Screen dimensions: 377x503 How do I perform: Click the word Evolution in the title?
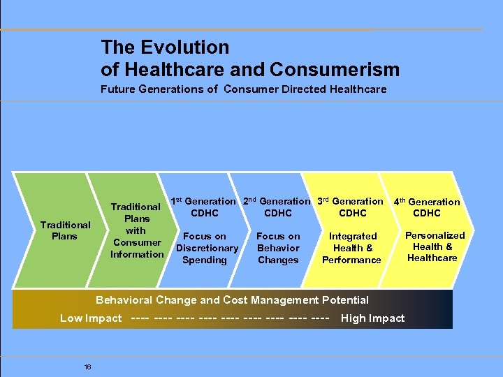point(185,47)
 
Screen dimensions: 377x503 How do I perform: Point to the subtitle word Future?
point(118,89)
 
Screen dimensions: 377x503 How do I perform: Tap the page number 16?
point(87,367)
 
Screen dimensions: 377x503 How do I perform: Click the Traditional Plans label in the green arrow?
point(65,230)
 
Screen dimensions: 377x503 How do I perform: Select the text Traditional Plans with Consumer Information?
point(136,230)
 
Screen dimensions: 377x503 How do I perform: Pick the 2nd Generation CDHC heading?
point(277,207)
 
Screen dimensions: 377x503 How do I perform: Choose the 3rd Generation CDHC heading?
point(351,207)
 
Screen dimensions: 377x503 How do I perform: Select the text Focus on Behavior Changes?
point(278,248)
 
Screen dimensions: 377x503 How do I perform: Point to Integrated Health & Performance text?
point(352,248)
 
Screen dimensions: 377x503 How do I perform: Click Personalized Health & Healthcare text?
point(432,246)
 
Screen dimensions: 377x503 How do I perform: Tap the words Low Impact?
point(90,318)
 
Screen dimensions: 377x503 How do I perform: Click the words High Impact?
point(372,318)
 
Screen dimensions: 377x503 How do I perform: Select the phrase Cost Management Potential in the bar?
point(296,300)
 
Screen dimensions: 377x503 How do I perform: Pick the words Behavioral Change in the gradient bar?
point(146,300)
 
